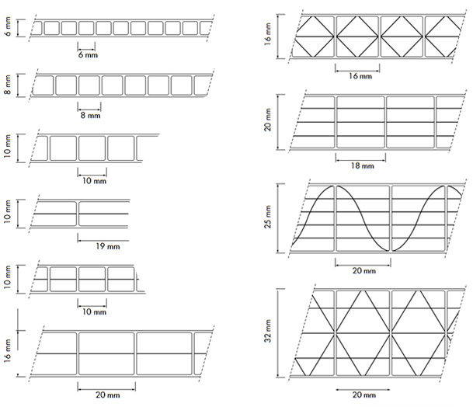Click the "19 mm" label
108,246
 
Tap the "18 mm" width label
362,165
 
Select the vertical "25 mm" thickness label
268,217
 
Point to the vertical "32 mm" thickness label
268,332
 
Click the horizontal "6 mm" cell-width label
88,55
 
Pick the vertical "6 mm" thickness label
8,26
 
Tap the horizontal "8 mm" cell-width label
90,115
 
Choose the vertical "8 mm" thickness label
8,85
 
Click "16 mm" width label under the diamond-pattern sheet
360,76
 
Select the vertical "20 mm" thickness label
268,120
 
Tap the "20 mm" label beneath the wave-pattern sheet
364,270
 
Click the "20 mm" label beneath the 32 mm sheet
364,395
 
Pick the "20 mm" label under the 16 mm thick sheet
108,395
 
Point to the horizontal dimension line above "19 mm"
103,241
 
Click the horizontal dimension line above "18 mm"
360,159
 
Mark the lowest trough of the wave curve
388,250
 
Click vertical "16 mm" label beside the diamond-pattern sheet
268,34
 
